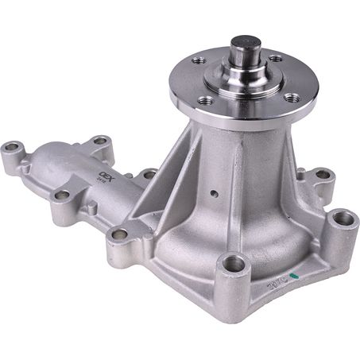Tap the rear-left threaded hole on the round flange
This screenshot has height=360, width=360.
point(200,60)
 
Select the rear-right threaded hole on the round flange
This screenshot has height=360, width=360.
point(275,58)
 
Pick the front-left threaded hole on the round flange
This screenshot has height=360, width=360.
point(207,100)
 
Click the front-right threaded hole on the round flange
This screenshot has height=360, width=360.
point(291,97)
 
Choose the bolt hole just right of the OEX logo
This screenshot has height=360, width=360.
point(149,173)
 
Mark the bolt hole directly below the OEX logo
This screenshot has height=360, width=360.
point(119,234)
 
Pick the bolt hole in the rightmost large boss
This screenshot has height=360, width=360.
point(341,217)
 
